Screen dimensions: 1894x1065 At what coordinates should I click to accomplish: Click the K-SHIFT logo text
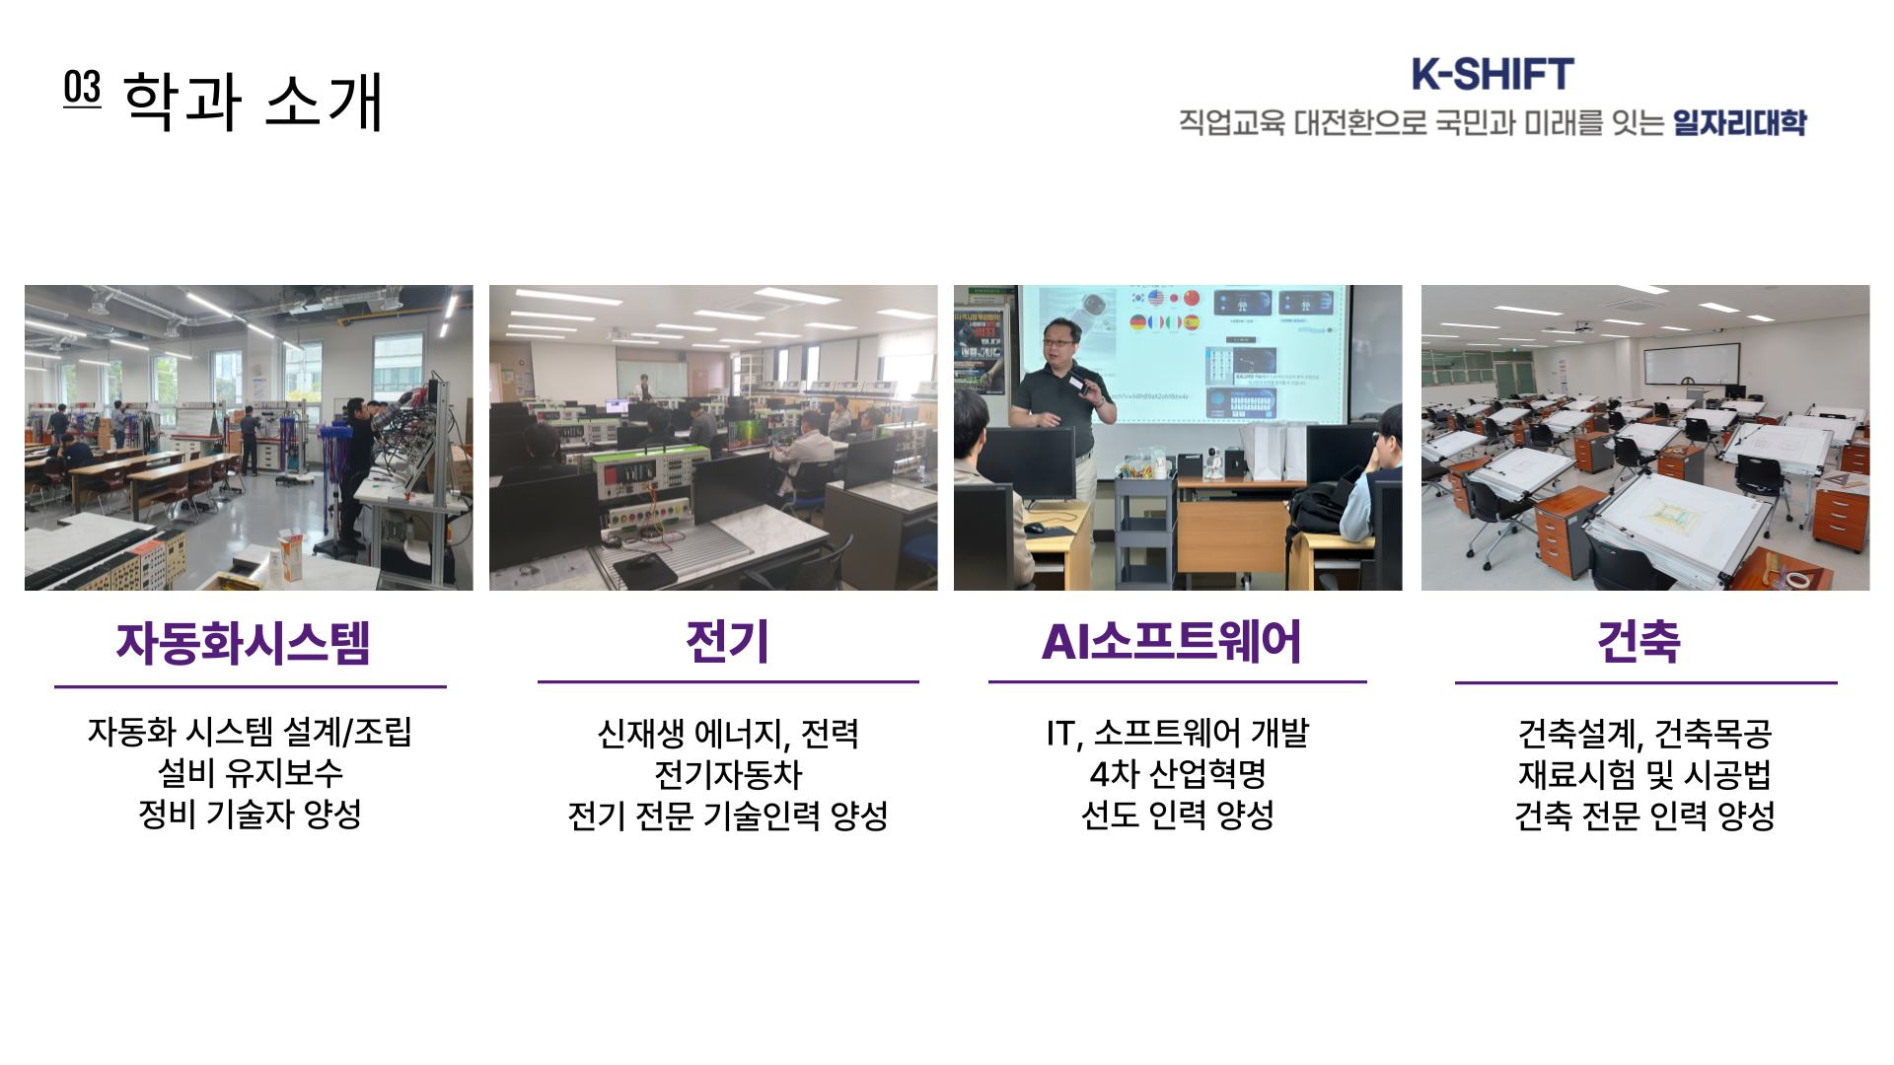coord(1492,74)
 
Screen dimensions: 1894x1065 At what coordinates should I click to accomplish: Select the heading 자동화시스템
coord(244,643)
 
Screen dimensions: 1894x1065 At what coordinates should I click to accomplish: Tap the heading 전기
coord(727,641)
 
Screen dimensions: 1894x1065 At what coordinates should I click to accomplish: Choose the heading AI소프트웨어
coord(1172,641)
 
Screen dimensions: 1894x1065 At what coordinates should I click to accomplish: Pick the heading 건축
coord(1639,641)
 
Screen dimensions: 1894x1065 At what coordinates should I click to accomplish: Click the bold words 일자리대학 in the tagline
coord(1739,122)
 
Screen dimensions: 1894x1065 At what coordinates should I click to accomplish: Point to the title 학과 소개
coord(253,101)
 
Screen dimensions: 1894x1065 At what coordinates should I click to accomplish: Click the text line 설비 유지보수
coord(251,773)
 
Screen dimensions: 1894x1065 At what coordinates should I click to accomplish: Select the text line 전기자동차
coord(728,774)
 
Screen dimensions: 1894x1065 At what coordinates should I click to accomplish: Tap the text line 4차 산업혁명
coord(1178,774)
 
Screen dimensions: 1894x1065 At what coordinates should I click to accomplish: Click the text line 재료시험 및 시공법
coord(1644,774)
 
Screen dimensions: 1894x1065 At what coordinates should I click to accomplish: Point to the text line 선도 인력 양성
coord(1178,816)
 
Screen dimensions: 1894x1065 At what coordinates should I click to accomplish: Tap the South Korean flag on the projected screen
coord(1138,298)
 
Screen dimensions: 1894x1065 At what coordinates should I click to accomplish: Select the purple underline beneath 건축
coord(1645,681)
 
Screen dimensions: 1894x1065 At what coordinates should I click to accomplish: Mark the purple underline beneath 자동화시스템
coord(251,686)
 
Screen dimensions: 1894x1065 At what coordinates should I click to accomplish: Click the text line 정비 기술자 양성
coord(251,815)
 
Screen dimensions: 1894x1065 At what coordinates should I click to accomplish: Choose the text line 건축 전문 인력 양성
coord(1644,816)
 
